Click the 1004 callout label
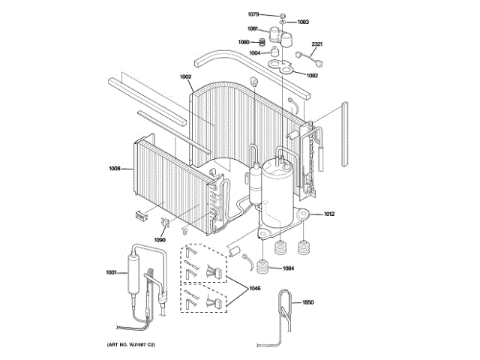[x=256, y=53]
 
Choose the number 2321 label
[x=316, y=43]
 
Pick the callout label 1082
[x=312, y=75]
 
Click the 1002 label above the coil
[x=185, y=76]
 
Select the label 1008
[x=115, y=168]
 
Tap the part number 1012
[x=328, y=214]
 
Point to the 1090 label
[x=160, y=240]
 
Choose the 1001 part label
[x=111, y=272]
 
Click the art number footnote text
[x=132, y=343]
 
